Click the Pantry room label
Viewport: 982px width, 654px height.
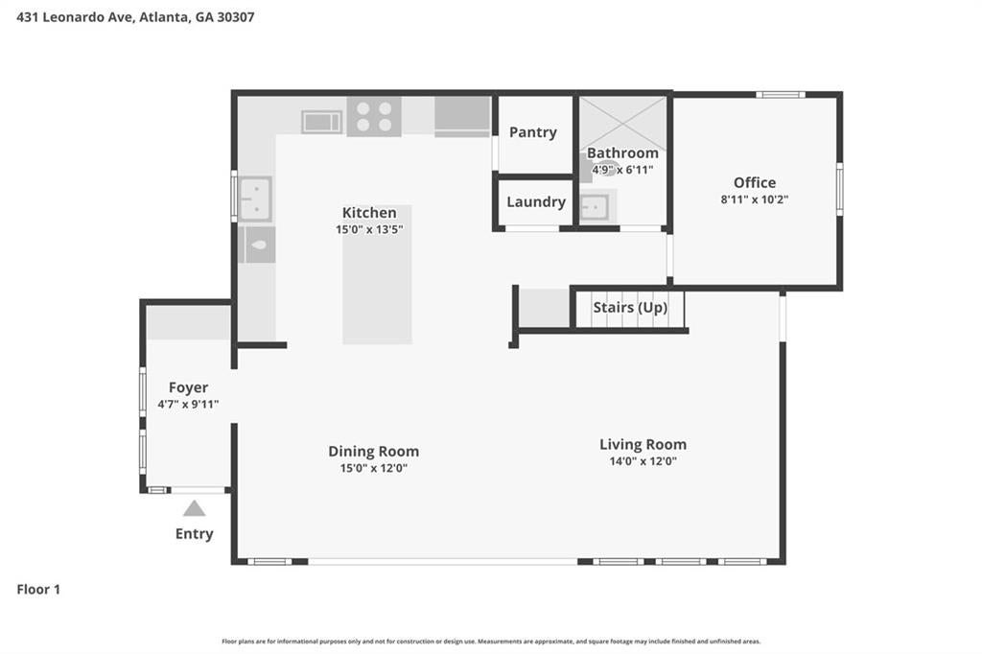click(x=533, y=132)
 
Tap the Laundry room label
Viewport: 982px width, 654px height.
click(x=536, y=201)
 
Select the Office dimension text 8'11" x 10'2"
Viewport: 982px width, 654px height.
click(x=755, y=199)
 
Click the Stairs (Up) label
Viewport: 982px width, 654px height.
click(x=630, y=308)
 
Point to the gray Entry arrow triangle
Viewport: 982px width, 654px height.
click(x=194, y=508)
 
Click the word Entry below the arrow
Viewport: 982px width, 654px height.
click(x=194, y=534)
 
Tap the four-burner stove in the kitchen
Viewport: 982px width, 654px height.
click(x=374, y=117)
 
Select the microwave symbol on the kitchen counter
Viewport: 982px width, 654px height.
click(x=321, y=122)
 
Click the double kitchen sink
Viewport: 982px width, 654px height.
click(x=255, y=199)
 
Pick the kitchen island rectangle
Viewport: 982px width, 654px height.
click(x=377, y=274)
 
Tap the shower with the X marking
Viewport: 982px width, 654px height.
click(x=622, y=123)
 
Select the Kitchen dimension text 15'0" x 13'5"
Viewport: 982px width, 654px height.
click(x=369, y=230)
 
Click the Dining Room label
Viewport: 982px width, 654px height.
click(x=374, y=451)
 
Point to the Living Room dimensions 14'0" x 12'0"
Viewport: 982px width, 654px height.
click(x=643, y=461)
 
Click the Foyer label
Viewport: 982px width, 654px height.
click(x=189, y=387)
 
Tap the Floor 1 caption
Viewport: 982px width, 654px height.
click(x=38, y=590)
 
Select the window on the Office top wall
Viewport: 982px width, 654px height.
click(x=781, y=95)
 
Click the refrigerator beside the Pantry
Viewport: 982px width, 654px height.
click(x=462, y=117)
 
